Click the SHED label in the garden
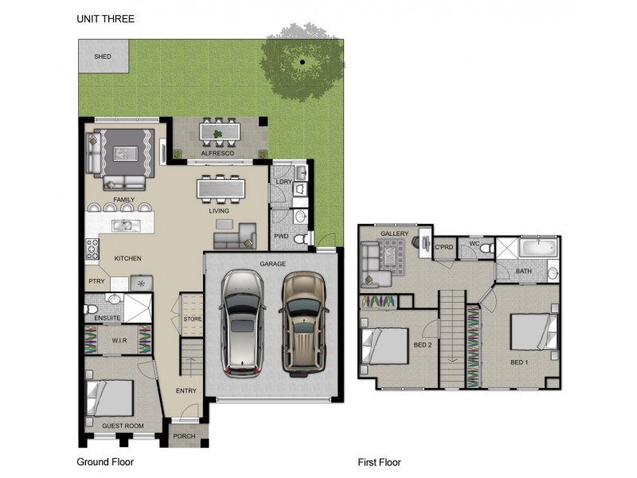point(103,57)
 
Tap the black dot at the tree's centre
point(303,62)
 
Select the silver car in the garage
point(243,323)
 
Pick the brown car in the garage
point(303,324)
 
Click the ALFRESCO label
point(217,153)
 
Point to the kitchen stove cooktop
point(92,249)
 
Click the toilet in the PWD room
point(302,239)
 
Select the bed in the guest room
point(110,398)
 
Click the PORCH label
point(184,436)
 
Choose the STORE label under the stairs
point(192,319)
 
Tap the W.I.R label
point(119,341)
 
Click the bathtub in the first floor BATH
point(539,248)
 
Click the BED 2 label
point(423,345)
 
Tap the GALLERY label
point(394,233)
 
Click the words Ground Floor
point(105,462)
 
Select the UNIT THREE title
point(106,18)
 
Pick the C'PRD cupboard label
point(444,247)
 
